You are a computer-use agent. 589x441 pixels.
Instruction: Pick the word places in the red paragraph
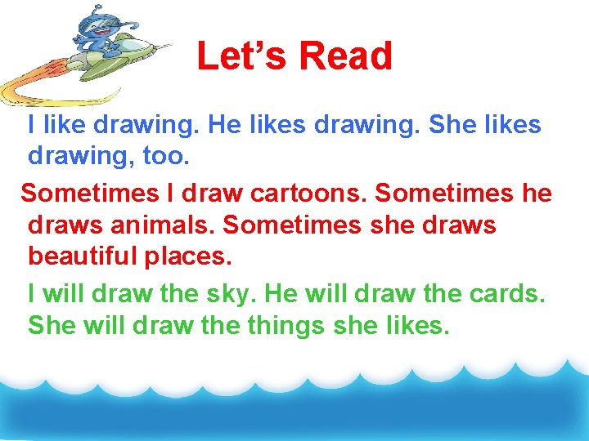(187, 256)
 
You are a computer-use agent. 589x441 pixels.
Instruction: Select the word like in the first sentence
(65, 125)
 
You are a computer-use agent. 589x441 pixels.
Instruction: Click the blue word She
(470, 125)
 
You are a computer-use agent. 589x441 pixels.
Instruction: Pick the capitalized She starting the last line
(50, 325)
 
